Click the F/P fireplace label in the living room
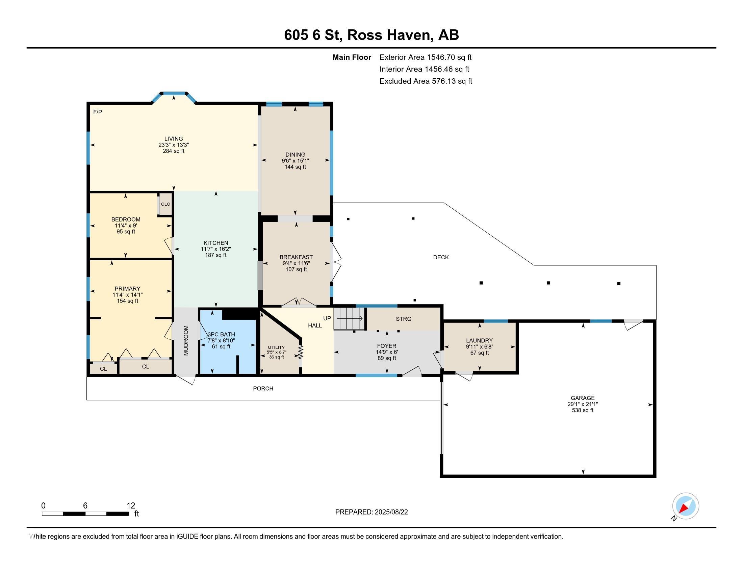(x=98, y=112)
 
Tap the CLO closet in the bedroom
(x=166, y=204)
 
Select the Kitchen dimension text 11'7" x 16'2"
(x=216, y=249)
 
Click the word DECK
(x=441, y=257)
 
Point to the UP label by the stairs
(x=327, y=318)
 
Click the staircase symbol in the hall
(x=350, y=319)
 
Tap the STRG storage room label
(x=404, y=319)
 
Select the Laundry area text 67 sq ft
(x=479, y=353)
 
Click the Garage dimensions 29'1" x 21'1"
(x=583, y=404)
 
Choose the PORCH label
(x=263, y=388)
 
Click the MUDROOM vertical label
(x=186, y=340)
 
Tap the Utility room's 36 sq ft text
(x=276, y=357)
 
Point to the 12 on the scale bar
(x=131, y=506)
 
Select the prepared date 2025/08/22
(x=390, y=512)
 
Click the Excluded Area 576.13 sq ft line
(x=426, y=81)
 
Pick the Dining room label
(x=295, y=155)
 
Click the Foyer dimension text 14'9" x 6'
(x=386, y=352)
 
